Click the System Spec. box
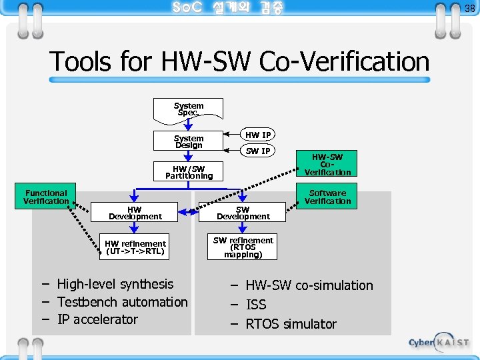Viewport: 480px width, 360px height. [189, 109]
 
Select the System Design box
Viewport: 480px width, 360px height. [189, 142]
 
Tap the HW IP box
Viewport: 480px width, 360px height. [257, 135]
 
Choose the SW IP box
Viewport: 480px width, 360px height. [257, 151]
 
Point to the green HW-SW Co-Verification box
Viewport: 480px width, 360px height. [327, 165]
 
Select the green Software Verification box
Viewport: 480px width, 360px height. [327, 197]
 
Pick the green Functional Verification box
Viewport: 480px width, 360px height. [46, 197]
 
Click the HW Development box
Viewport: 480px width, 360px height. [135, 213]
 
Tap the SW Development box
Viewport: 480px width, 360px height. [243, 213]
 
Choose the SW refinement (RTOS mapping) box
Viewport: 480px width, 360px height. [243, 247]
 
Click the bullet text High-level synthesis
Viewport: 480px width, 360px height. [115, 284]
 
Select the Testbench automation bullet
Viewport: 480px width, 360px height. [122, 302]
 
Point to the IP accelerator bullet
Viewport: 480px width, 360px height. [97, 319]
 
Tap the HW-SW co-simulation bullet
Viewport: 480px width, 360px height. [309, 285]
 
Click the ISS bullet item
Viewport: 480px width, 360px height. [256, 305]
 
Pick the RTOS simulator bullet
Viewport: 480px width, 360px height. [291, 324]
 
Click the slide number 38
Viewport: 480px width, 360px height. [469, 8]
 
